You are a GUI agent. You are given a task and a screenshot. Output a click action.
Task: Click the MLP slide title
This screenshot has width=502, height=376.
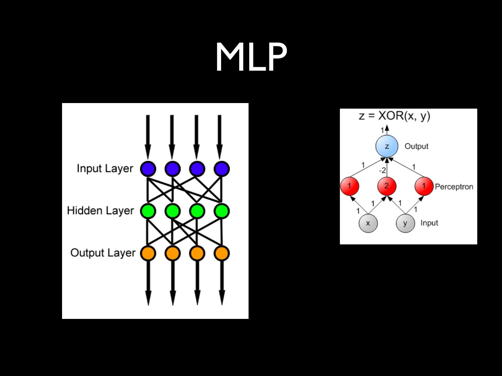coord(251,57)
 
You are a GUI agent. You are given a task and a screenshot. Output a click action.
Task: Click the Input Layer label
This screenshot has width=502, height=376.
coord(105,169)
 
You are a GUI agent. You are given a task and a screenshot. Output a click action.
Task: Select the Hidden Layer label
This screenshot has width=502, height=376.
coord(100,211)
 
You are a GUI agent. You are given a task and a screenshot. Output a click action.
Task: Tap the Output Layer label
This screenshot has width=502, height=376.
coord(103,253)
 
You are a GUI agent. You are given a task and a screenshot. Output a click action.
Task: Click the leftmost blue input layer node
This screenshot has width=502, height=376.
coord(148,169)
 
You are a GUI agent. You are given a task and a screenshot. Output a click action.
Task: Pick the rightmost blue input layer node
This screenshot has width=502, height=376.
coord(222,169)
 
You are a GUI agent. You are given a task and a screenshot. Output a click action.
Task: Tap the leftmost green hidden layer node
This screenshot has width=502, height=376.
coord(148,211)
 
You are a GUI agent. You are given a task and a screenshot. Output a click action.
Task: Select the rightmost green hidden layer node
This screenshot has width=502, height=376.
coord(222,211)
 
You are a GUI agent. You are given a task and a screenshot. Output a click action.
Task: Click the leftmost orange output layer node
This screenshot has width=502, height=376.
coord(148,253)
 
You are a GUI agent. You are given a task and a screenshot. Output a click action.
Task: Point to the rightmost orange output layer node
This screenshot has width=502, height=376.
coord(222,253)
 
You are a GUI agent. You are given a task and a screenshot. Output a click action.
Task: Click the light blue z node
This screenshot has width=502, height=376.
coord(387,146)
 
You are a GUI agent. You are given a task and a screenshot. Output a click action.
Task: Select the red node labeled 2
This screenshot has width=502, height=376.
coord(387,186)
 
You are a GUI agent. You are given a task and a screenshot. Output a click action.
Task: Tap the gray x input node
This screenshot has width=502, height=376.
coord(368,223)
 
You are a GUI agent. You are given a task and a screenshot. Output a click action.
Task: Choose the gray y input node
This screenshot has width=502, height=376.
coord(405,223)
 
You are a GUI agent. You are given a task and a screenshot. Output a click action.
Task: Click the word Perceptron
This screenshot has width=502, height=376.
coord(454,187)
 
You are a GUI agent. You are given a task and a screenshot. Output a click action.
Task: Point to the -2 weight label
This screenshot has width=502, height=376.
coord(382,171)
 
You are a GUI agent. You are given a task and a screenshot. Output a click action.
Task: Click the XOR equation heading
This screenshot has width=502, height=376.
coord(394,116)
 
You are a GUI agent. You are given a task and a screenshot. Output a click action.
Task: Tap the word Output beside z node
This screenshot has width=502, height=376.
coord(416,146)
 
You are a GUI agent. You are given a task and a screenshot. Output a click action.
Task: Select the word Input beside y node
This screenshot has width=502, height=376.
coord(429,223)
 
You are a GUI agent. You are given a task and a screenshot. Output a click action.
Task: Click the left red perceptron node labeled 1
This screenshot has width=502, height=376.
coord(350,186)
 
